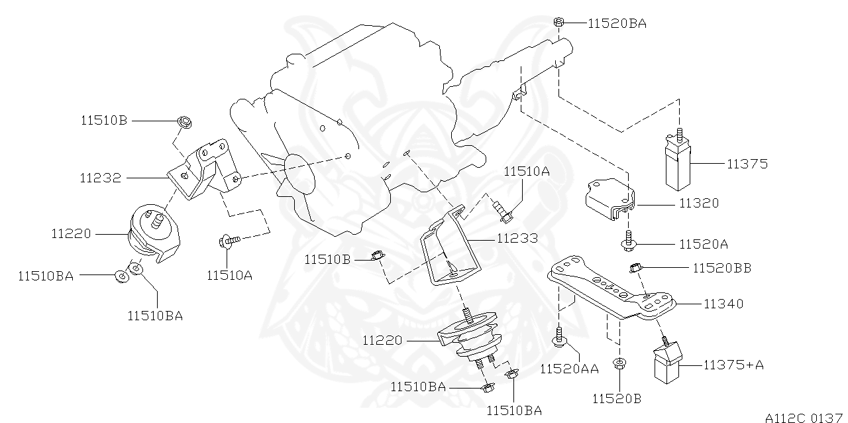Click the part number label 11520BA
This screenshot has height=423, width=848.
[x=617, y=24]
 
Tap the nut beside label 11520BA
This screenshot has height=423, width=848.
[x=558, y=23]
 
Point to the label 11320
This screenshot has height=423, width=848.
[x=698, y=204]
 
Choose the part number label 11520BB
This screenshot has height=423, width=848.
[x=722, y=268]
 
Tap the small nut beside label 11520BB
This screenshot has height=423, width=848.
[x=634, y=268]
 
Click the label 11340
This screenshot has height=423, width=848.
[x=723, y=304]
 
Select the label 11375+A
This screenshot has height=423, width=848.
[x=733, y=365]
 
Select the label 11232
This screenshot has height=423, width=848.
[x=100, y=178]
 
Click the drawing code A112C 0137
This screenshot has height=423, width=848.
[x=803, y=417]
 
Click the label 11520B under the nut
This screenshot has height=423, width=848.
[x=617, y=398]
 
